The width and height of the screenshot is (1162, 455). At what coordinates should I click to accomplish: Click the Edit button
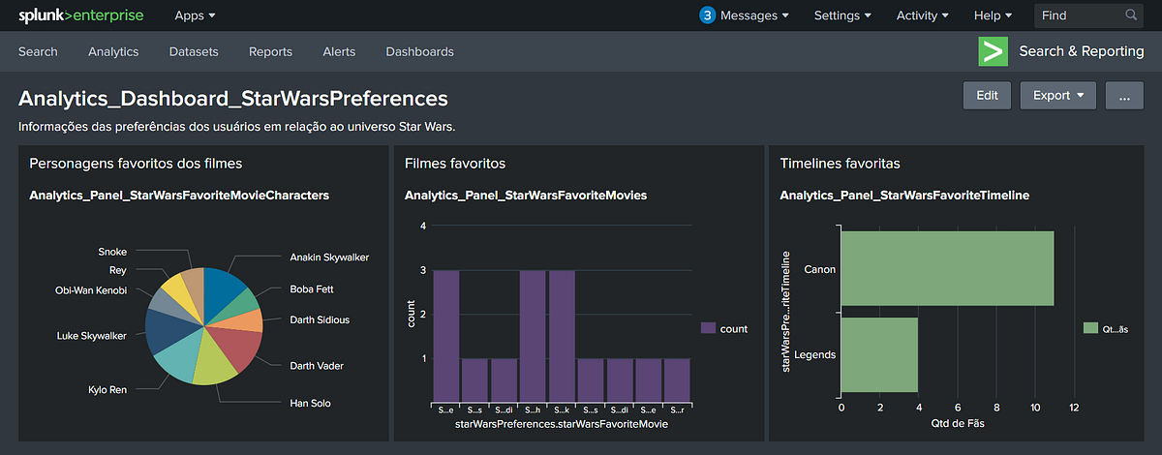(x=987, y=96)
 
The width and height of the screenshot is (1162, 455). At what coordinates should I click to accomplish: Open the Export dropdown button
(x=1057, y=96)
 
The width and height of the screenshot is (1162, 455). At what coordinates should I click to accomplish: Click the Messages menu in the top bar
(x=744, y=15)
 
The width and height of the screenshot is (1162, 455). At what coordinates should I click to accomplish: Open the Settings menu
(x=842, y=15)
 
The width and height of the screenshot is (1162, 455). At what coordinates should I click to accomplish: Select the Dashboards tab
(x=419, y=51)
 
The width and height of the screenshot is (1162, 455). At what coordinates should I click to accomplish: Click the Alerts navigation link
(x=339, y=51)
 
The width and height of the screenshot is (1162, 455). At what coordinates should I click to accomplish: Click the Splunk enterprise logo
(x=81, y=15)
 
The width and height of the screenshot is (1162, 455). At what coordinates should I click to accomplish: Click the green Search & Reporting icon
(x=994, y=51)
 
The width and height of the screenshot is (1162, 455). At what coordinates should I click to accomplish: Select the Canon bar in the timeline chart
(x=946, y=268)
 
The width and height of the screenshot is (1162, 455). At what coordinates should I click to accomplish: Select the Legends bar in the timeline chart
(x=878, y=354)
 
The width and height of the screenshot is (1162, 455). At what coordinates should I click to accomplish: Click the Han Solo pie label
(x=313, y=402)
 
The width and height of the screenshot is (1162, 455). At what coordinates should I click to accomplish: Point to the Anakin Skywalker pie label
(x=329, y=258)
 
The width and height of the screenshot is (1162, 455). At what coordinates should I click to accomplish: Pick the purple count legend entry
(x=723, y=329)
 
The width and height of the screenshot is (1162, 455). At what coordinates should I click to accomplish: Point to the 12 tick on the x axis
(x=1074, y=409)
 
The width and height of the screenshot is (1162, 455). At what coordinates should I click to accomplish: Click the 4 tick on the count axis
(x=422, y=227)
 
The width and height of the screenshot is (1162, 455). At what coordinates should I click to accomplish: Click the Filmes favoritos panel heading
(x=454, y=164)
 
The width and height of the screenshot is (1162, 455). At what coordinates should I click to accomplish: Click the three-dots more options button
(x=1124, y=96)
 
